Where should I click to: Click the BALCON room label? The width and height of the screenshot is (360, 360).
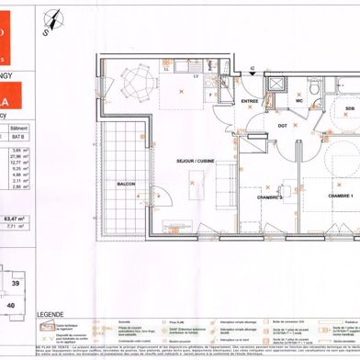pos(126,184)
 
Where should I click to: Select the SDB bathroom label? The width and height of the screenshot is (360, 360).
pos(349,109)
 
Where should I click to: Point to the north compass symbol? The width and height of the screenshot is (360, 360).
pos(54,13)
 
